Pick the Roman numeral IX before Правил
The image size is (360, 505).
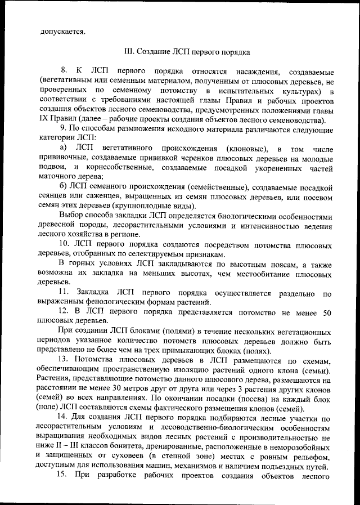(44, 120)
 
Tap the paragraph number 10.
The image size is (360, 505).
(64, 244)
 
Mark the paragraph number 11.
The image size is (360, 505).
(64, 292)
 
